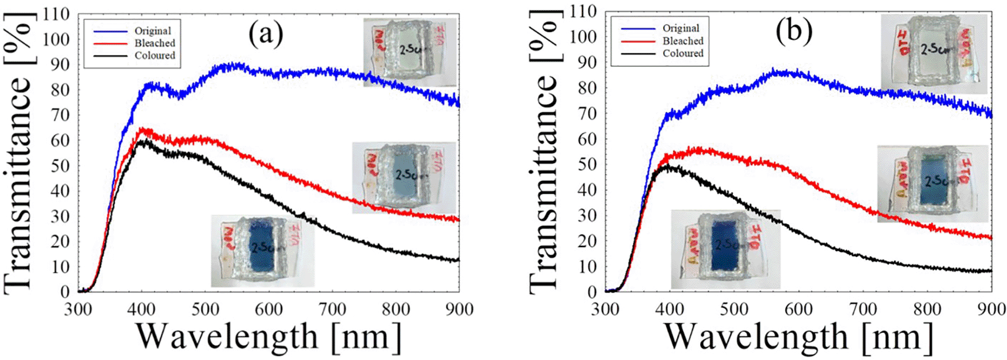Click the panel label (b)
point(794,32)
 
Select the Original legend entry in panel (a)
point(152,31)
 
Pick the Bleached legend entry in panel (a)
point(155,43)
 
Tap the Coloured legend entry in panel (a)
point(155,55)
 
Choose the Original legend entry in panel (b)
point(681,28)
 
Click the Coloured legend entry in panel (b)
point(683,53)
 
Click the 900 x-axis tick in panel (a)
point(458,308)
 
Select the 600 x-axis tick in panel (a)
point(269,308)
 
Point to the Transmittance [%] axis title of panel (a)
point(18,182)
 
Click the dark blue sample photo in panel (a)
point(263,251)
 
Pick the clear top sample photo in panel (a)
point(410,52)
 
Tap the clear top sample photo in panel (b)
point(934,53)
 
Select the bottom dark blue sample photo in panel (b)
point(725,245)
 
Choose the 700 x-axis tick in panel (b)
point(863,308)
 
